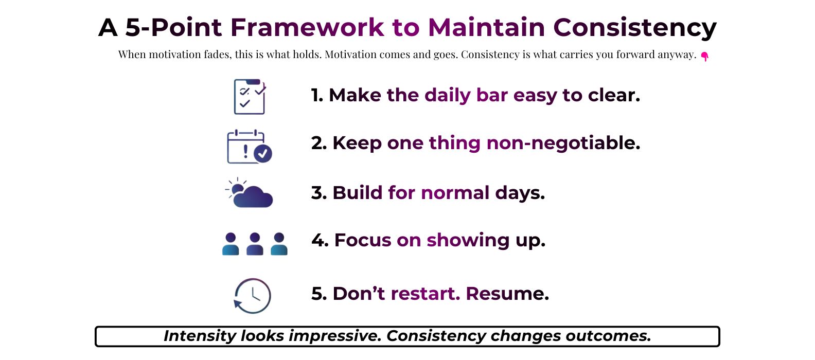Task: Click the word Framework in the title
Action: pos(307,27)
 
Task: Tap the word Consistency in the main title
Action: pos(635,28)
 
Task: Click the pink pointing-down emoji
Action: pos(705,57)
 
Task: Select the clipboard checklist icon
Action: pos(250,96)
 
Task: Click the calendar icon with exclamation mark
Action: pos(249,146)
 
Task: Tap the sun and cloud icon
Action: pos(249,193)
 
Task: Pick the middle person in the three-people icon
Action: pos(255,244)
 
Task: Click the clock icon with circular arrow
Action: pos(252,296)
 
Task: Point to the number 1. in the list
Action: pos(317,95)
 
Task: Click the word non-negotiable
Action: pos(563,143)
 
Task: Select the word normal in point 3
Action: pos(455,193)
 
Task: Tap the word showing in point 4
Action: pos(468,241)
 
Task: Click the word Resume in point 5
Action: pos(507,294)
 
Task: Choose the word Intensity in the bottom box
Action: pos(200,336)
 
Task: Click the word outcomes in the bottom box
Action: pos(608,336)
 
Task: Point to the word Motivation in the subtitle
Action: pos(350,55)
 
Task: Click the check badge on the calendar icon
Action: pos(263,153)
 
